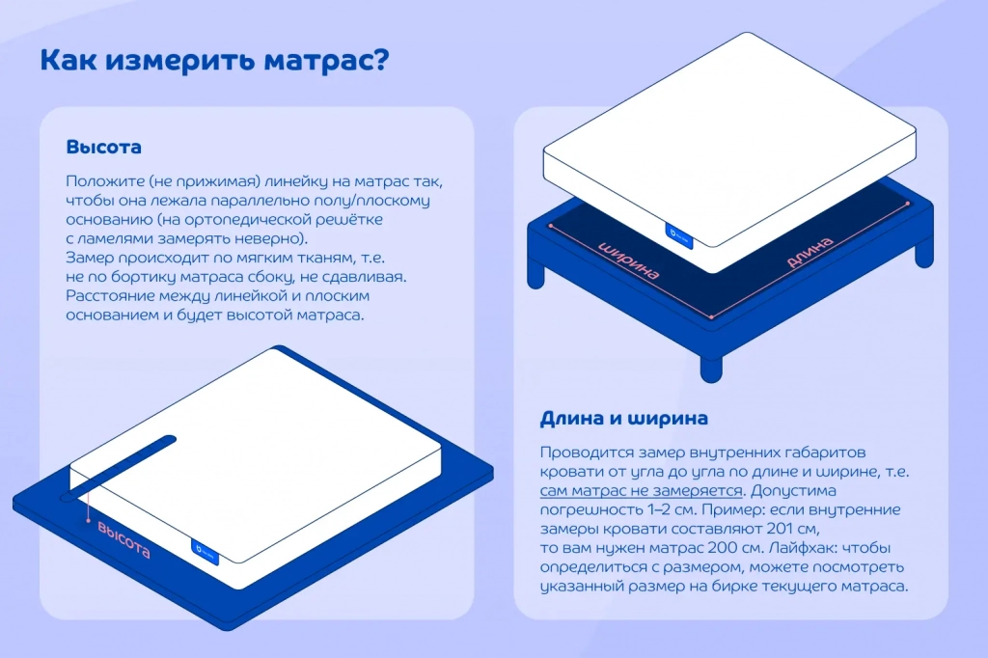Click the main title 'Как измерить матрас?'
click(214, 61)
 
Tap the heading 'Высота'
click(103, 148)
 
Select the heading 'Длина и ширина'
click(624, 419)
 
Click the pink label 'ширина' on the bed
click(629, 260)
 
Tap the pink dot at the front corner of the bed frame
click(712, 315)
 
